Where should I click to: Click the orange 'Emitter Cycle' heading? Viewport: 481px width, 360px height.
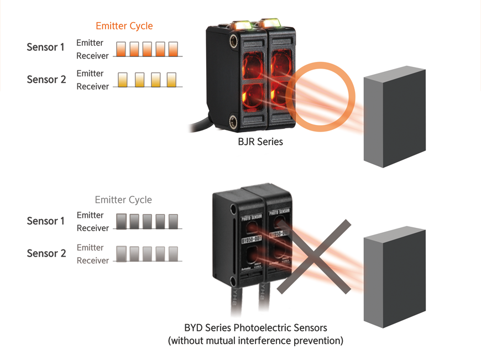[x=124, y=26]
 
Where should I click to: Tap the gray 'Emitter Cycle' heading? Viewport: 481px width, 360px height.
[x=123, y=200]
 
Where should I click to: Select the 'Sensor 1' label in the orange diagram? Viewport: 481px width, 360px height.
[x=46, y=47]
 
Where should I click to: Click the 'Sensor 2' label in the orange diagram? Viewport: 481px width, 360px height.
[x=46, y=79]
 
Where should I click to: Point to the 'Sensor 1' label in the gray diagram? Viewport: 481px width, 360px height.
[x=46, y=221]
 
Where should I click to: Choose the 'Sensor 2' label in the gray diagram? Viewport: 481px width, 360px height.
[x=46, y=253]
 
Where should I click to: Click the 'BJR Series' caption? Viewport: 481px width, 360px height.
[x=260, y=142]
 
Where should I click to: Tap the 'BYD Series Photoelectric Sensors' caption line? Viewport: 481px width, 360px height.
[x=255, y=328]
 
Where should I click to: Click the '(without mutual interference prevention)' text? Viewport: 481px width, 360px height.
[x=255, y=341]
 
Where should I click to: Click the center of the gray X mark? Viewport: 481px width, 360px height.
[x=314, y=257]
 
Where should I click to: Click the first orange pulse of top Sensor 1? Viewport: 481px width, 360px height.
[x=121, y=49]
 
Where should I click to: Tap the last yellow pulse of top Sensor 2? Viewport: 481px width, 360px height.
[x=171, y=80]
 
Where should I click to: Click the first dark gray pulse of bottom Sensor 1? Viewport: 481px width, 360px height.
[x=121, y=221]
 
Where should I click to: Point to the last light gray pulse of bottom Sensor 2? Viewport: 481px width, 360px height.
[x=173, y=254]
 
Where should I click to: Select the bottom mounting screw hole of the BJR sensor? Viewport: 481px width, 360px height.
[x=233, y=118]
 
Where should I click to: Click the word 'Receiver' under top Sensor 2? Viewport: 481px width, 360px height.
[x=92, y=87]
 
